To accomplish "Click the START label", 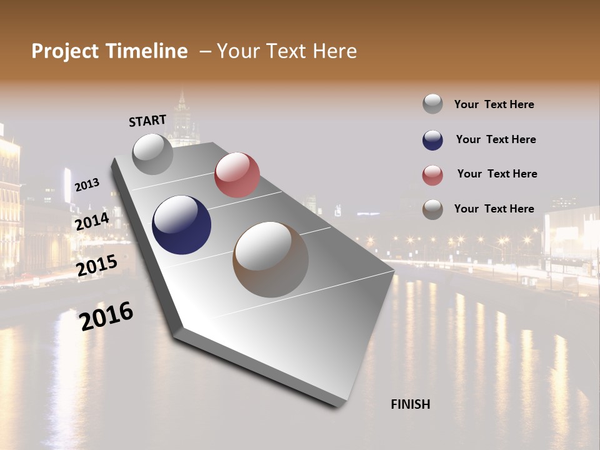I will coord(147,121).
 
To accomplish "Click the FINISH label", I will coord(410,404).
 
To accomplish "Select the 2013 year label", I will coord(87,185).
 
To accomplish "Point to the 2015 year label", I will coord(97,266).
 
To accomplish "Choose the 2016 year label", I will coord(106,316).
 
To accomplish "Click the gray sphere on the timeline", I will coord(152,154).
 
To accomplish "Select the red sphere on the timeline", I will coord(237,174).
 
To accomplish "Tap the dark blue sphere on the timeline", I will coord(181,225).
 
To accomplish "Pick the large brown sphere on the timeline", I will coord(271,259).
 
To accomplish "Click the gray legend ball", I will coord(432,104).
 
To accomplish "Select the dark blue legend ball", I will coord(432,140).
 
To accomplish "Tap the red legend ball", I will coord(432,175).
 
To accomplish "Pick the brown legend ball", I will coord(432,209).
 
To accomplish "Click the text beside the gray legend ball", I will coord(494,104).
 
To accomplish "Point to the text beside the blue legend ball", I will coord(496,139).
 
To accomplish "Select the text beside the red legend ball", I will coord(497,174).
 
